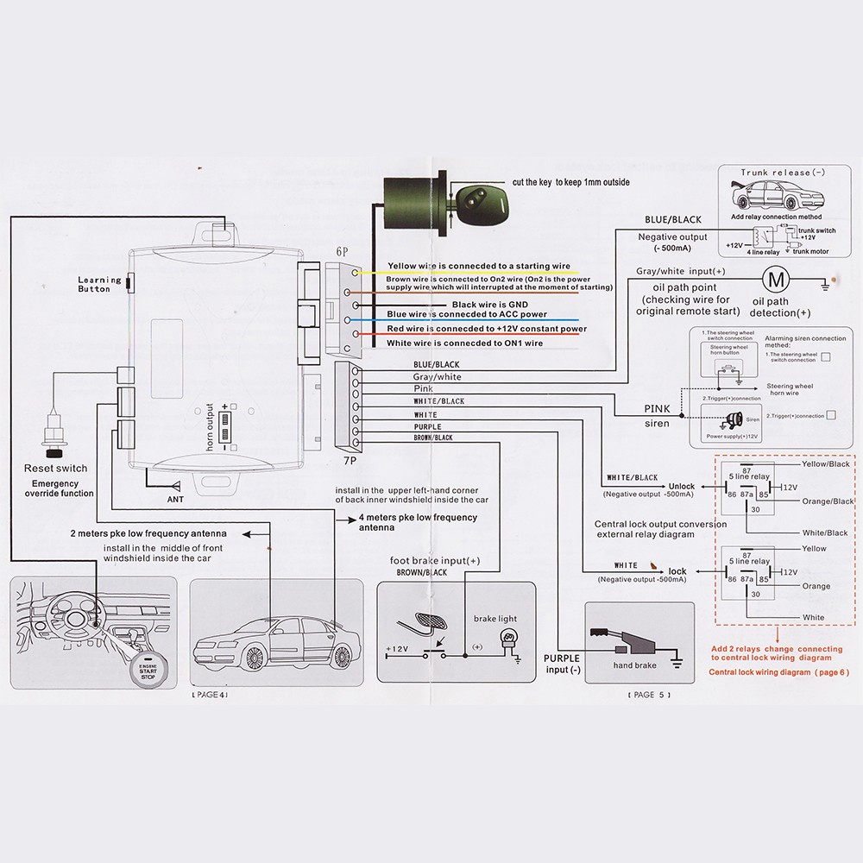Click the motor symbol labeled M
coord(774,279)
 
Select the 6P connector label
coord(343,250)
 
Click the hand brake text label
coord(634,665)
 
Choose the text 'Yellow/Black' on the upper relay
coord(826,464)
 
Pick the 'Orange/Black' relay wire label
coord(827,501)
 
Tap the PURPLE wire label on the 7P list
coord(428,426)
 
